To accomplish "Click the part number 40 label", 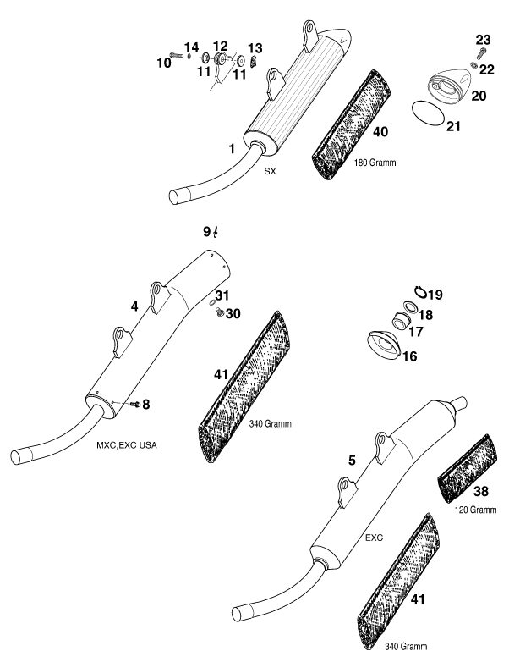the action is tap(380, 132).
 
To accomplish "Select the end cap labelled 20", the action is tap(448, 86).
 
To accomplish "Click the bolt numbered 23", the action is tap(482, 53).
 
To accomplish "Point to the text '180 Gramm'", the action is tap(375, 163).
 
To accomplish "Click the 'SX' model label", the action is tap(270, 171).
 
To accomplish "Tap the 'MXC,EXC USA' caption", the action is tap(127, 445).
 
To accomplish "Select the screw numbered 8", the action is tap(135, 405).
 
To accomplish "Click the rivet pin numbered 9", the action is tap(216, 232).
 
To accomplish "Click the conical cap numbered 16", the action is tap(383, 345).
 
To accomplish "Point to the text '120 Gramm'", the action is tap(475, 510).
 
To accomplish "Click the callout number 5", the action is tap(352, 461).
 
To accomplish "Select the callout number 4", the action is tap(134, 306).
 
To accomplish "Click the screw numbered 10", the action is tap(176, 54).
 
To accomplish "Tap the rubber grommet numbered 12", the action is tap(220, 58).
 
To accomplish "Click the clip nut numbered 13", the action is tap(253, 61).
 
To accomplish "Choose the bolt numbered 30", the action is tap(219, 312).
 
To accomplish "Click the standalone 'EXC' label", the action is tap(374, 538).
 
